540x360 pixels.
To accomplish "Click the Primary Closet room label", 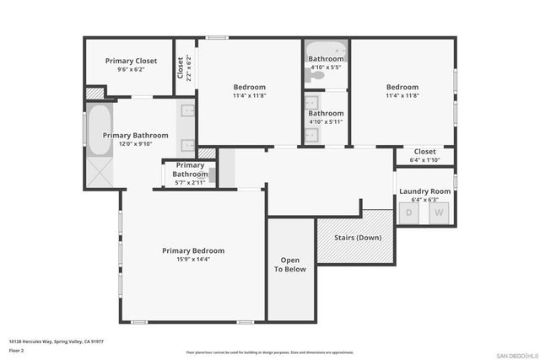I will tap(131, 61).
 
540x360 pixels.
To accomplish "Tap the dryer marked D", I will tap(409, 212).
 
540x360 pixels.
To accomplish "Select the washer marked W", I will tap(438, 212).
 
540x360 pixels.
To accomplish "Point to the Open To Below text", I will tap(290, 265).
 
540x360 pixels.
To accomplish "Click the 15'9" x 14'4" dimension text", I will tap(193, 260).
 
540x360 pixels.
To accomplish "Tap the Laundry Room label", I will tap(424, 191).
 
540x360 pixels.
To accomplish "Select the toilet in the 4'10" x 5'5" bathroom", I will tap(317, 75).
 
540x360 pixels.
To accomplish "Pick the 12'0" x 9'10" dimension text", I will tap(135, 143).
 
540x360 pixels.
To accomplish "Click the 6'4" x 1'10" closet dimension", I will tap(424, 159).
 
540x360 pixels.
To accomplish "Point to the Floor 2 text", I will tap(17, 349).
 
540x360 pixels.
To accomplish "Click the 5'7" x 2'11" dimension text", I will tap(190, 182).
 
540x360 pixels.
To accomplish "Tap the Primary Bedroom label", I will tap(193, 250).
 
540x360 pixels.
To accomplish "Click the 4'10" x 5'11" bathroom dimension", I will tap(325, 122).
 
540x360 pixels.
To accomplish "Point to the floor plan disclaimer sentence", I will tap(270, 352).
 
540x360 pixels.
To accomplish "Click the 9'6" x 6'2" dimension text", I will tap(131, 70).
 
